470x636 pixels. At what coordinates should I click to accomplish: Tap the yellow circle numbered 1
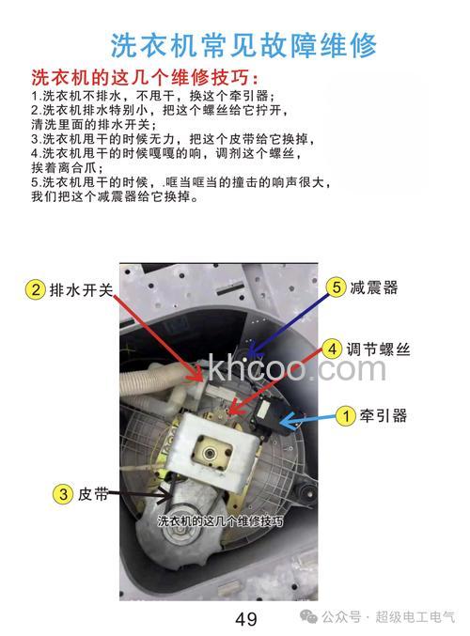point(345,413)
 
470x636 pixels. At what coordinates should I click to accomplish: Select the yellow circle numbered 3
point(61,492)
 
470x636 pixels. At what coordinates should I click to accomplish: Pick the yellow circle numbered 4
point(331,349)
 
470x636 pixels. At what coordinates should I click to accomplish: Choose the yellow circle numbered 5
point(336,287)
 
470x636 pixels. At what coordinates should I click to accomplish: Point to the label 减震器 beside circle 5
point(374,287)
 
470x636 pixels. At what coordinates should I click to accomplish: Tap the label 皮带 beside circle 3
point(94,492)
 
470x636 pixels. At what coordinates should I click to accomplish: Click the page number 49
point(246,618)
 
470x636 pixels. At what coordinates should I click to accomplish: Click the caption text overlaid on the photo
point(220,520)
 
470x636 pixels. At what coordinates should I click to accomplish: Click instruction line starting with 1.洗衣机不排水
point(152,96)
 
